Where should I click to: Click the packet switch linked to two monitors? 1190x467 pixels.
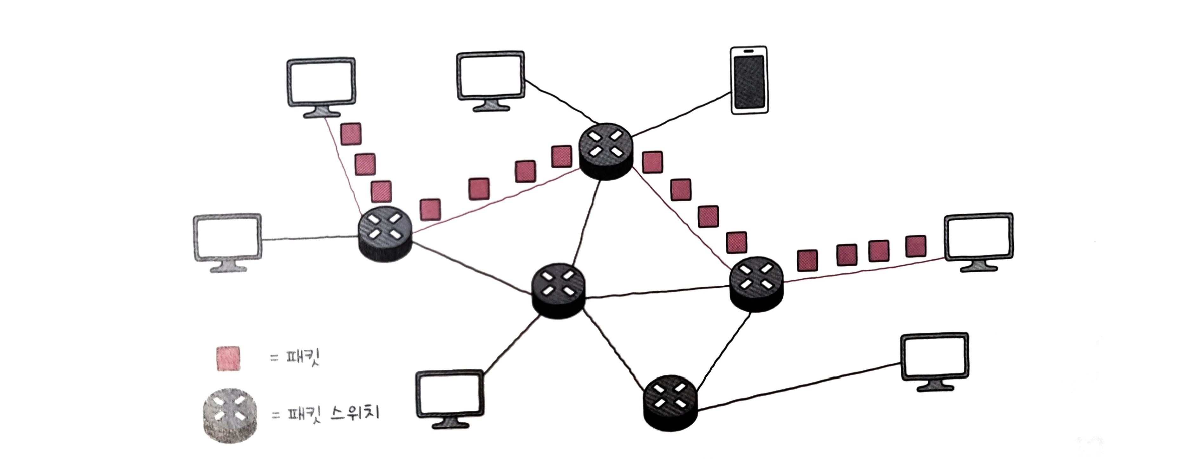pos(385,234)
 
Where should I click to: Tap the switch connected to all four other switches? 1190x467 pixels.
pos(558,291)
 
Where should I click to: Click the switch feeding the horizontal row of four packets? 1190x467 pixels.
pos(756,284)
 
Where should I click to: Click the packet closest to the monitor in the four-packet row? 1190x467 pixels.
pos(915,246)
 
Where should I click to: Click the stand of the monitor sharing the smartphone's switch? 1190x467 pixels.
pos(491,106)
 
